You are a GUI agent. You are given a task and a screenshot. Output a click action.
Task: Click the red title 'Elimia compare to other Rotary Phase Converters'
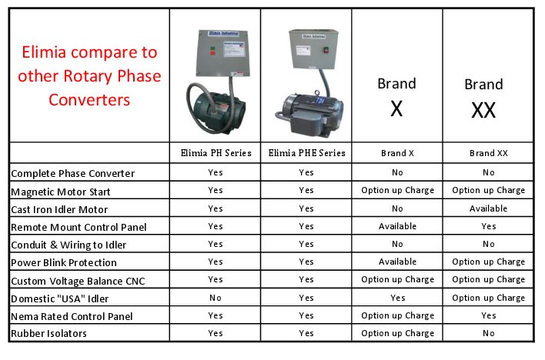pyautogui.click(x=89, y=75)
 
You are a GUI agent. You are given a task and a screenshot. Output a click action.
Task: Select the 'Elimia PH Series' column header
pyautogui.click(x=216, y=153)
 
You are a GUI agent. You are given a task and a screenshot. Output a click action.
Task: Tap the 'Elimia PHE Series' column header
pyautogui.click(x=306, y=153)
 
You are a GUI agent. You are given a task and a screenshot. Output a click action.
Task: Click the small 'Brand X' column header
pyautogui.click(x=397, y=153)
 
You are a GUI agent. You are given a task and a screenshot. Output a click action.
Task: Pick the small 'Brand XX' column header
pyautogui.click(x=488, y=153)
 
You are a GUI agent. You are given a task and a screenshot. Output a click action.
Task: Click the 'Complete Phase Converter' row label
pyautogui.click(x=72, y=173)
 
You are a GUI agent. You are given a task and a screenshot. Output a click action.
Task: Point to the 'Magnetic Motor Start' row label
pyautogui.click(x=61, y=192)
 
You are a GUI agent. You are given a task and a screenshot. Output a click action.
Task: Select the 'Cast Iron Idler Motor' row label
pyautogui.click(x=59, y=209)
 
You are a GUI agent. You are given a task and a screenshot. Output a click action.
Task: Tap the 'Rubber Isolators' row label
pyautogui.click(x=48, y=334)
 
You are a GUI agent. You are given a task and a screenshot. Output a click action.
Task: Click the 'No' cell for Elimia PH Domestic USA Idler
pyautogui.click(x=216, y=298)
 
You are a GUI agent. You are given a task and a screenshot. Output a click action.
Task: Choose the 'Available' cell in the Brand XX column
pyautogui.click(x=488, y=208)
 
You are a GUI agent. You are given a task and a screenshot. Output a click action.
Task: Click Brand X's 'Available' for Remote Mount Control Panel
pyautogui.click(x=397, y=226)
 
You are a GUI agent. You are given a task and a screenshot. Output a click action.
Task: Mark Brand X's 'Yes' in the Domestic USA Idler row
pyautogui.click(x=397, y=298)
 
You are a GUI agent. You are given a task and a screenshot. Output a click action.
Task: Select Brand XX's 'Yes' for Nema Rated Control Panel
pyautogui.click(x=488, y=315)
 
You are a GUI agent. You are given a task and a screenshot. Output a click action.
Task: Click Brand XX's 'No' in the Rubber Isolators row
pyautogui.click(x=488, y=333)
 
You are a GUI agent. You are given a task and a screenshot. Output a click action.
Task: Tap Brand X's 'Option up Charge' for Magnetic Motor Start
pyautogui.click(x=398, y=191)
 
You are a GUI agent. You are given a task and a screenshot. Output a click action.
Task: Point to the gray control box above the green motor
pyautogui.click(x=223, y=53)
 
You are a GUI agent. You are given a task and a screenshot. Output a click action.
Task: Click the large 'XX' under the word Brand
pyautogui.click(x=483, y=110)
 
